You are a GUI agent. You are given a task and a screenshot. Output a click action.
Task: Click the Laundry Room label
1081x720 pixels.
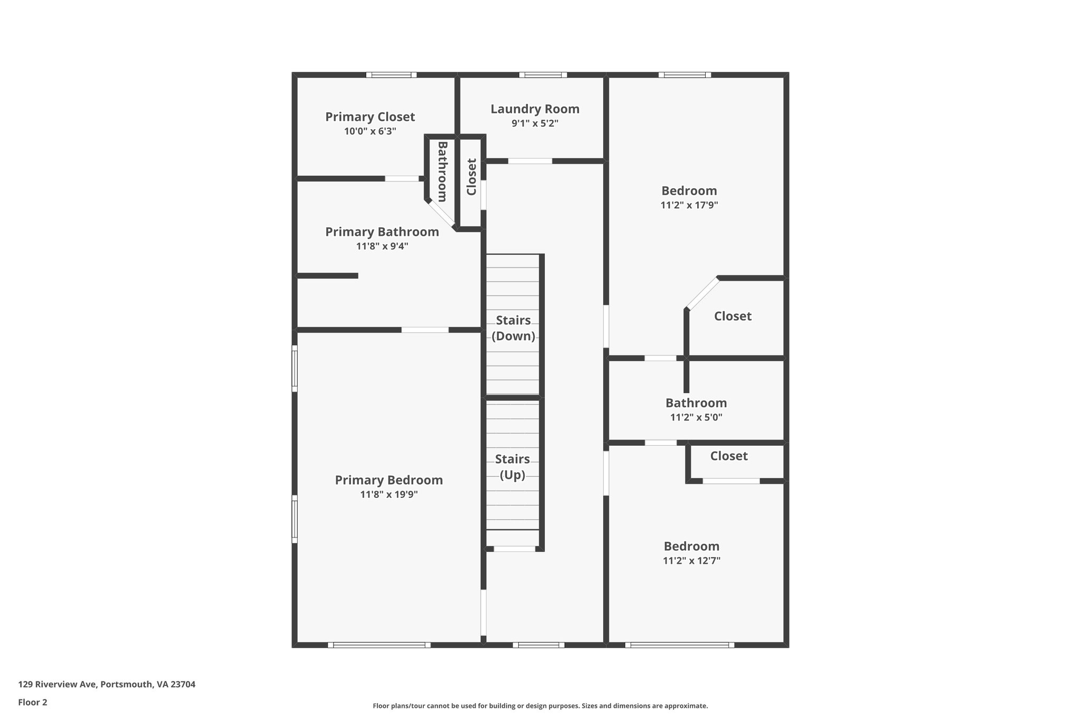coord(535,109)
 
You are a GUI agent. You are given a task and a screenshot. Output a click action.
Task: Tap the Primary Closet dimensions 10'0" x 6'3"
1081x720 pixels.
coord(370,131)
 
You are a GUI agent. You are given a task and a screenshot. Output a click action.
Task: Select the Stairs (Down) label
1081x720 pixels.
coord(513,328)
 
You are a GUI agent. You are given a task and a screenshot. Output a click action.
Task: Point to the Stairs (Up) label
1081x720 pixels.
coord(512,467)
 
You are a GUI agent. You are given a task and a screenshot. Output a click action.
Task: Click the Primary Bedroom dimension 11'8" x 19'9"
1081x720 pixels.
coord(389,495)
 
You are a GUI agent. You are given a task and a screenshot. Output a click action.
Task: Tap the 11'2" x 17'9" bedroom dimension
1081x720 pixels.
coord(689,205)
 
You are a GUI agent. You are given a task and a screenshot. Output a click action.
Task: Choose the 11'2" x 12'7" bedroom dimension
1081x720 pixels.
coord(691,561)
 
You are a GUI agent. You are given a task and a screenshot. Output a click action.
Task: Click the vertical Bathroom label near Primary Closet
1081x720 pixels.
coord(442,171)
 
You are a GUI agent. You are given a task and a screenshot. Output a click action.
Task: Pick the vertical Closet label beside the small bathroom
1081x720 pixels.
coord(471,177)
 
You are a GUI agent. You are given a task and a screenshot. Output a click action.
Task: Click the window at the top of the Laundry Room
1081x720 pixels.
coord(543,75)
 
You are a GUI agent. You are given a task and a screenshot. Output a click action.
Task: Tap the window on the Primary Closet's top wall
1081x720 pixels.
coord(391,75)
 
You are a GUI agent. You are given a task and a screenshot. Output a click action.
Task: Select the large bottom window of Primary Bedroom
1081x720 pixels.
coord(379,645)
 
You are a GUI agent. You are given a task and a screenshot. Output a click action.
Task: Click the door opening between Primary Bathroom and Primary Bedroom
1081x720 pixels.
coord(425,330)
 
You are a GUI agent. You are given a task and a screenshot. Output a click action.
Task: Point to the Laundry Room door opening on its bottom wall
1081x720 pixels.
coord(530,161)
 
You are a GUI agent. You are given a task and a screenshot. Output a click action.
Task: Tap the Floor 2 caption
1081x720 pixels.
coord(33,702)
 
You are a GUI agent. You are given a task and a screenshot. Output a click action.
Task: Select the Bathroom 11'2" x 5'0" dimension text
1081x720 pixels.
coord(696,417)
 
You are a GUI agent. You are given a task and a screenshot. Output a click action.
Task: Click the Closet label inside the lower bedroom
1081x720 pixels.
coord(728,456)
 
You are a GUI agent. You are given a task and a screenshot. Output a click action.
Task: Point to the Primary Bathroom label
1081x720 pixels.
coord(382,232)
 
